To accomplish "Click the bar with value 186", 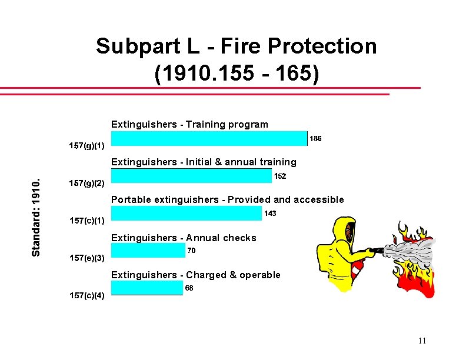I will [x=209, y=138].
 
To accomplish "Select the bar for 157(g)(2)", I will [x=191, y=176].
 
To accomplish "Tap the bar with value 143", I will [x=186, y=214].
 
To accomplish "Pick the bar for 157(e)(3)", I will [x=148, y=251].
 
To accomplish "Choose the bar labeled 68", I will [x=147, y=288].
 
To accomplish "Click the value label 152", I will [x=280, y=176].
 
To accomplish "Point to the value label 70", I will [x=191, y=251].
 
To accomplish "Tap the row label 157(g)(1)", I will [x=87, y=145].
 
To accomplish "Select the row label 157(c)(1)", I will [x=87, y=221].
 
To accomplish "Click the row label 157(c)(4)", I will [x=87, y=296].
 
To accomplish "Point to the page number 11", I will [x=422, y=341].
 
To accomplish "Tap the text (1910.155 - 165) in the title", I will [x=237, y=75].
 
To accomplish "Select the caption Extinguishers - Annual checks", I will [x=184, y=238].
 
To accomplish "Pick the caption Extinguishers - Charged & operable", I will [x=196, y=275].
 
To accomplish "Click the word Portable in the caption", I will [x=131, y=200].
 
